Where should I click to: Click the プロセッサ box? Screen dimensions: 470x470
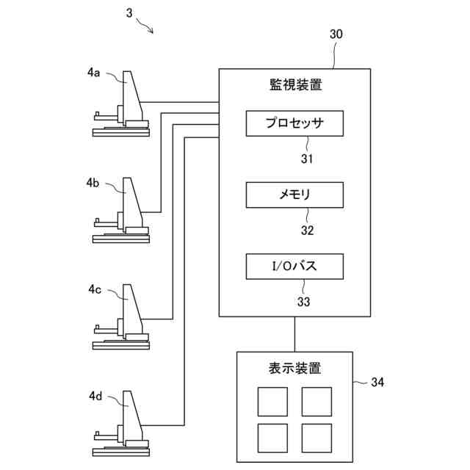point(294,123)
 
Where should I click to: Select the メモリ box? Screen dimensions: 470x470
point(294,195)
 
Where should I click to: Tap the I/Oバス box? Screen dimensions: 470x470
point(294,266)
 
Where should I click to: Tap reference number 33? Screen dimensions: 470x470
point(303,301)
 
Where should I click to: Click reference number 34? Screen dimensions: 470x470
point(377,382)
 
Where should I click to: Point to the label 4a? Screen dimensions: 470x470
point(93,72)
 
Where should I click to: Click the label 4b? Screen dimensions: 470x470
point(93,182)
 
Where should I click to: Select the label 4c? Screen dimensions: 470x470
point(93,289)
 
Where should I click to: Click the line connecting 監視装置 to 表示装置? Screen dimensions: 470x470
point(294,334)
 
